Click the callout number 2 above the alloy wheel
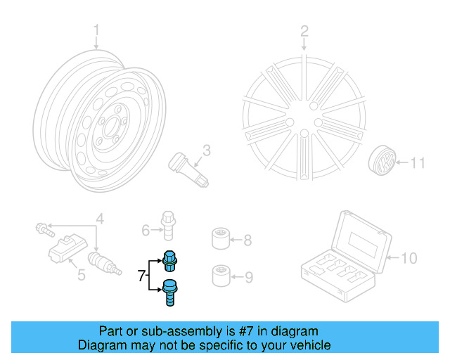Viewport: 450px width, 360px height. point(304,30)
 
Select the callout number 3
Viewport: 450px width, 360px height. point(207,150)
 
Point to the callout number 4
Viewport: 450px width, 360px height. point(100,219)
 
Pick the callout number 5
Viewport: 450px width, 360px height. point(81,275)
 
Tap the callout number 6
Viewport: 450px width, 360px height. point(146,229)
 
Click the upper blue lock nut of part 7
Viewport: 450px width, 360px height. point(169,261)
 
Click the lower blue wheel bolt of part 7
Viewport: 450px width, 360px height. point(169,292)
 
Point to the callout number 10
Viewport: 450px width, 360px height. point(409,258)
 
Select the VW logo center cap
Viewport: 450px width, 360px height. point(381,165)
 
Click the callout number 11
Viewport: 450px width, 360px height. point(418,165)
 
